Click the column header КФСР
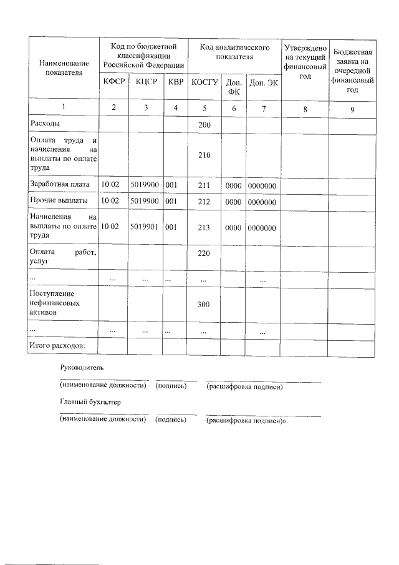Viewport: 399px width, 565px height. (x=113, y=81)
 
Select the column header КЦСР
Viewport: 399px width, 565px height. (x=145, y=81)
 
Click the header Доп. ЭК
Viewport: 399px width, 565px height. (x=263, y=82)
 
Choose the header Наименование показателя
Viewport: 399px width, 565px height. (x=64, y=67)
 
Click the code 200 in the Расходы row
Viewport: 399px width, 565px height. (x=204, y=125)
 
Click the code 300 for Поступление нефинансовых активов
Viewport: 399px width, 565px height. (x=204, y=304)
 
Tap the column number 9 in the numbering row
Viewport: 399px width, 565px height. (x=352, y=109)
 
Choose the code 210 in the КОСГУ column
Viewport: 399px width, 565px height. (x=204, y=155)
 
